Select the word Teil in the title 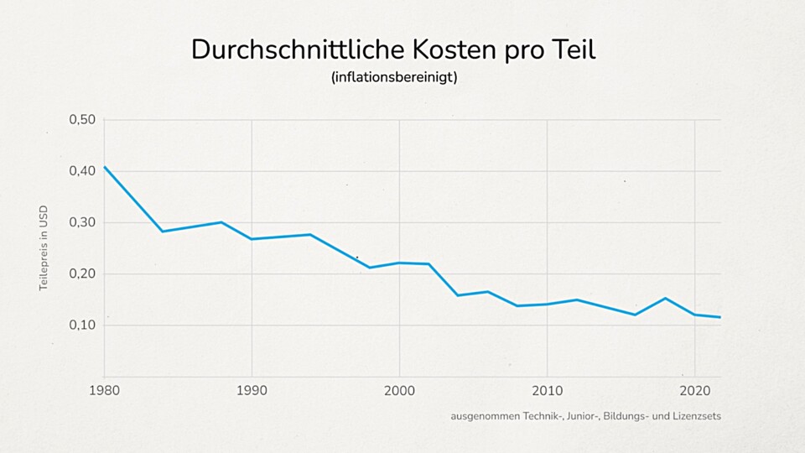tap(571, 49)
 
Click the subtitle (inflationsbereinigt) tap(394, 77)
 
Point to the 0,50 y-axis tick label tap(81, 120)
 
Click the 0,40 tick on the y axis tap(81, 171)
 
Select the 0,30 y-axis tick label tap(81, 222)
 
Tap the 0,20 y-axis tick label tap(81, 274)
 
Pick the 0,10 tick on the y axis tap(81, 325)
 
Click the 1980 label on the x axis tap(105, 391)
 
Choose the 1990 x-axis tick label tap(252, 391)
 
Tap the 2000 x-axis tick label tap(399, 391)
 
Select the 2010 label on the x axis tap(547, 391)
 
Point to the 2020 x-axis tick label tap(694, 391)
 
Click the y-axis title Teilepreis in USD tap(44, 248)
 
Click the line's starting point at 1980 tap(105, 167)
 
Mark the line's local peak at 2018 tap(665, 298)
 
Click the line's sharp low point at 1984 tap(162, 232)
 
